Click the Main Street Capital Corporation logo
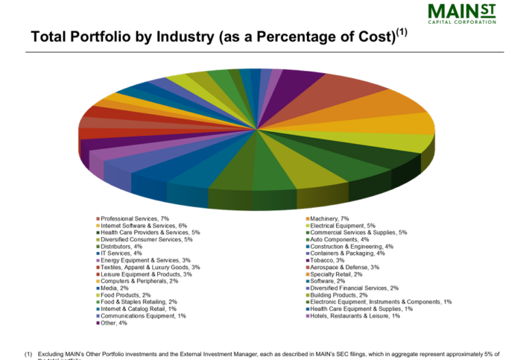click(462, 13)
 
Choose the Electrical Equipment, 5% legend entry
click(343, 225)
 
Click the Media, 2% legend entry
click(115, 288)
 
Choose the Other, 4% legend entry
click(114, 323)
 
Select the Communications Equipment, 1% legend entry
click(144, 315)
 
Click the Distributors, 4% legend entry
click(121, 246)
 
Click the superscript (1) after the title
click(402, 32)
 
